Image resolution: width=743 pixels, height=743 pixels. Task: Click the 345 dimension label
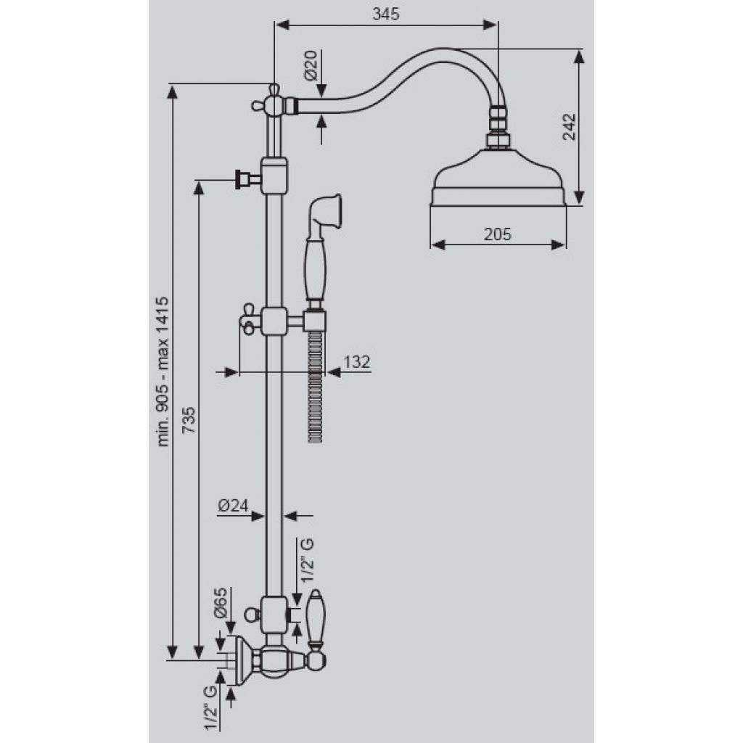386,15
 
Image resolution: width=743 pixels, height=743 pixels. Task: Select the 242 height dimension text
569,126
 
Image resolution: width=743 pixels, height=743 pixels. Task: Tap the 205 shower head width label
498,234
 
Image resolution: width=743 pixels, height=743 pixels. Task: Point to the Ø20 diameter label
311,65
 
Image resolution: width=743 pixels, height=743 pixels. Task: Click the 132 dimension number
356,362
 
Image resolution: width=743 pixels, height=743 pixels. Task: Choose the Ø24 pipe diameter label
233,506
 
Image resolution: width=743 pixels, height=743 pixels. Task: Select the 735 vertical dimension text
189,420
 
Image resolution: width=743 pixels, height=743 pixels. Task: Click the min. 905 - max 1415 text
163,372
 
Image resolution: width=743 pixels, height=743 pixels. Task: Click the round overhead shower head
498,178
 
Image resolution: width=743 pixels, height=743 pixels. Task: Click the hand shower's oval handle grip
315,268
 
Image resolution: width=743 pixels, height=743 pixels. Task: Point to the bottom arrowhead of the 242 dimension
578,197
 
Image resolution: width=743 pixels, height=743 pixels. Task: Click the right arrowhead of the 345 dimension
490,25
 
